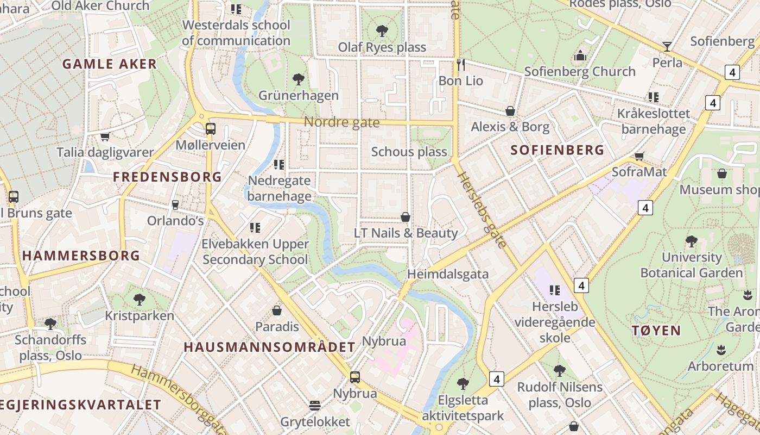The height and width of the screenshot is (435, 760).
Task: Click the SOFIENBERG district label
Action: click(x=558, y=150)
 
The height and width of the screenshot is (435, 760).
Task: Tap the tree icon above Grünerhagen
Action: click(x=298, y=79)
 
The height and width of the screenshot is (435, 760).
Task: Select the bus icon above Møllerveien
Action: click(x=211, y=129)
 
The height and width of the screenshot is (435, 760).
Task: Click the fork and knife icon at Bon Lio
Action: click(x=461, y=65)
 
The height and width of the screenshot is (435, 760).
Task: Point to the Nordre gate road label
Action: click(x=341, y=122)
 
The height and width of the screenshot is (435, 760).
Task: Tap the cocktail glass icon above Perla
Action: click(x=667, y=47)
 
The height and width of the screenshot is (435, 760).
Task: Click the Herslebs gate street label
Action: click(x=480, y=209)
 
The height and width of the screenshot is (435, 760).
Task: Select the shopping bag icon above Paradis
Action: click(x=277, y=310)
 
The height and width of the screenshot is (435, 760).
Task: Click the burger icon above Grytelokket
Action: click(x=315, y=405)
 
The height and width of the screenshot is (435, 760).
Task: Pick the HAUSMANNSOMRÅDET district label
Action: click(x=269, y=347)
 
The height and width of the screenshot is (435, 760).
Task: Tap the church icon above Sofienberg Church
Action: click(x=580, y=55)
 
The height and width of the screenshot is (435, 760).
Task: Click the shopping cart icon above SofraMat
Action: click(x=639, y=156)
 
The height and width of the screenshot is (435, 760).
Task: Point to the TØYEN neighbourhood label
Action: click(x=656, y=330)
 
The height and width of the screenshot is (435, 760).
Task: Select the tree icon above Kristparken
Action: click(x=140, y=299)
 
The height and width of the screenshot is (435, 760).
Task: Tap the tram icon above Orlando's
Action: click(x=175, y=204)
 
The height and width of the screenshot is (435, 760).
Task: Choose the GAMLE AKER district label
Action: click(x=110, y=64)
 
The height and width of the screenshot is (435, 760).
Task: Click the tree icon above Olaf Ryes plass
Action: click(x=382, y=31)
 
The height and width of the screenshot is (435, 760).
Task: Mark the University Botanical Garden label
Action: click(x=691, y=265)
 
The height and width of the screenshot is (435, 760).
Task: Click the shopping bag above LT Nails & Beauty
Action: click(x=406, y=217)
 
